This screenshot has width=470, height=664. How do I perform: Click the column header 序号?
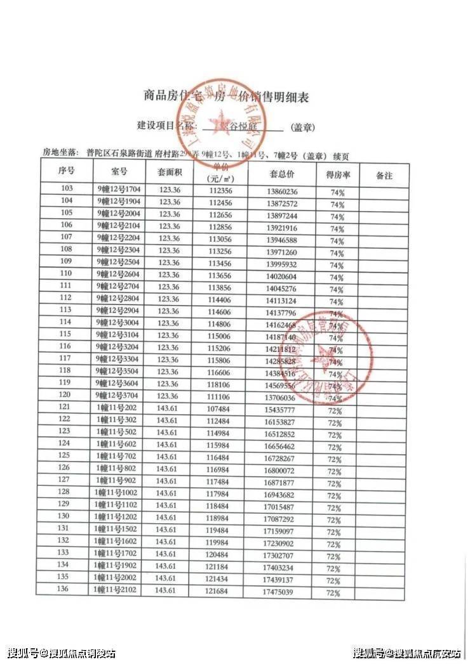(66, 172)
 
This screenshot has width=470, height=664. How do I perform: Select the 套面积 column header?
(170, 172)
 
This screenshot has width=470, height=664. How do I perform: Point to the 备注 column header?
(383, 174)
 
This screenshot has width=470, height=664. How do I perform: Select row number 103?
(66, 189)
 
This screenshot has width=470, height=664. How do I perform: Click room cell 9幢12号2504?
(119, 262)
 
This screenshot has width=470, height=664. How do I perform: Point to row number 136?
(63, 589)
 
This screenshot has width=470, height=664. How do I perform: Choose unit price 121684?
(218, 591)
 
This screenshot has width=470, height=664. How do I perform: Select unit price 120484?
(218, 555)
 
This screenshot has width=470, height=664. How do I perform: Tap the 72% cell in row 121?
(334, 411)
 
